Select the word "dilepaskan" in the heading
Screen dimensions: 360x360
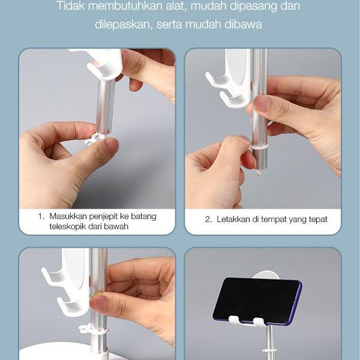124,25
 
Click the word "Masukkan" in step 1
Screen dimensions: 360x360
68,216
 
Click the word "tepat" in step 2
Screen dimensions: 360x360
318,220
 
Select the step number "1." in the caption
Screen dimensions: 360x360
41,216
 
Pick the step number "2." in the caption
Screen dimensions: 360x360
208,220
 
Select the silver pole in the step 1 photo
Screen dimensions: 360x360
105,106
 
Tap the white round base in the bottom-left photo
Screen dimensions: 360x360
59,351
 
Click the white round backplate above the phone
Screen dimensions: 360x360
266,275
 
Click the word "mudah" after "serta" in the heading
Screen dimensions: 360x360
203,25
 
